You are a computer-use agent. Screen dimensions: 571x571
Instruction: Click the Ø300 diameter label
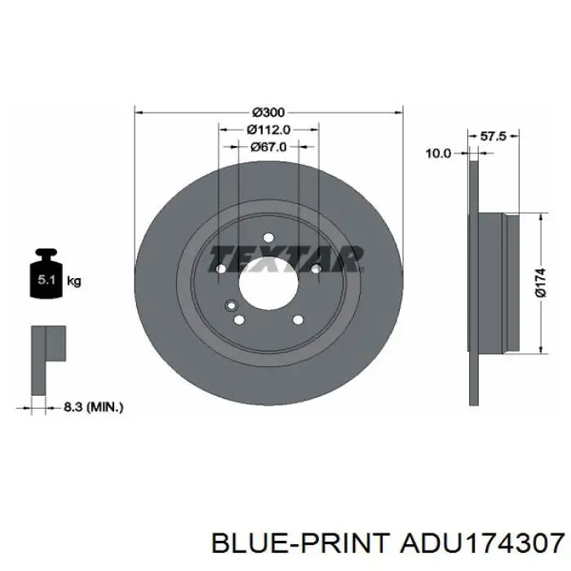pyautogui.click(x=268, y=113)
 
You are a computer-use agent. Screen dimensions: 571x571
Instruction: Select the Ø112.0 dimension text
pyautogui.click(x=268, y=129)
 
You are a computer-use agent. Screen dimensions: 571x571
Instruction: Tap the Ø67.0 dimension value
pyautogui.click(x=268, y=147)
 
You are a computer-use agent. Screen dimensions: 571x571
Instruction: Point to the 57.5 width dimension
pyautogui.click(x=493, y=136)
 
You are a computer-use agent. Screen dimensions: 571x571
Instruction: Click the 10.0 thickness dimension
pyautogui.click(x=439, y=153)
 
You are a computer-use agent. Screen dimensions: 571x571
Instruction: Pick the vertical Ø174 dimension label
pyautogui.click(x=540, y=282)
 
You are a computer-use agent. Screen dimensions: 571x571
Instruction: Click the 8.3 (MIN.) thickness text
pyautogui.click(x=94, y=407)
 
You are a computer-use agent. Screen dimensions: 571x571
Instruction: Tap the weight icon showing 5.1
pyautogui.click(x=46, y=273)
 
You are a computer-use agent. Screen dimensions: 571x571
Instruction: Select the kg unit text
pyautogui.click(x=74, y=281)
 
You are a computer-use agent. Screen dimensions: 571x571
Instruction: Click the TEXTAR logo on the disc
pyautogui.click(x=286, y=259)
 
